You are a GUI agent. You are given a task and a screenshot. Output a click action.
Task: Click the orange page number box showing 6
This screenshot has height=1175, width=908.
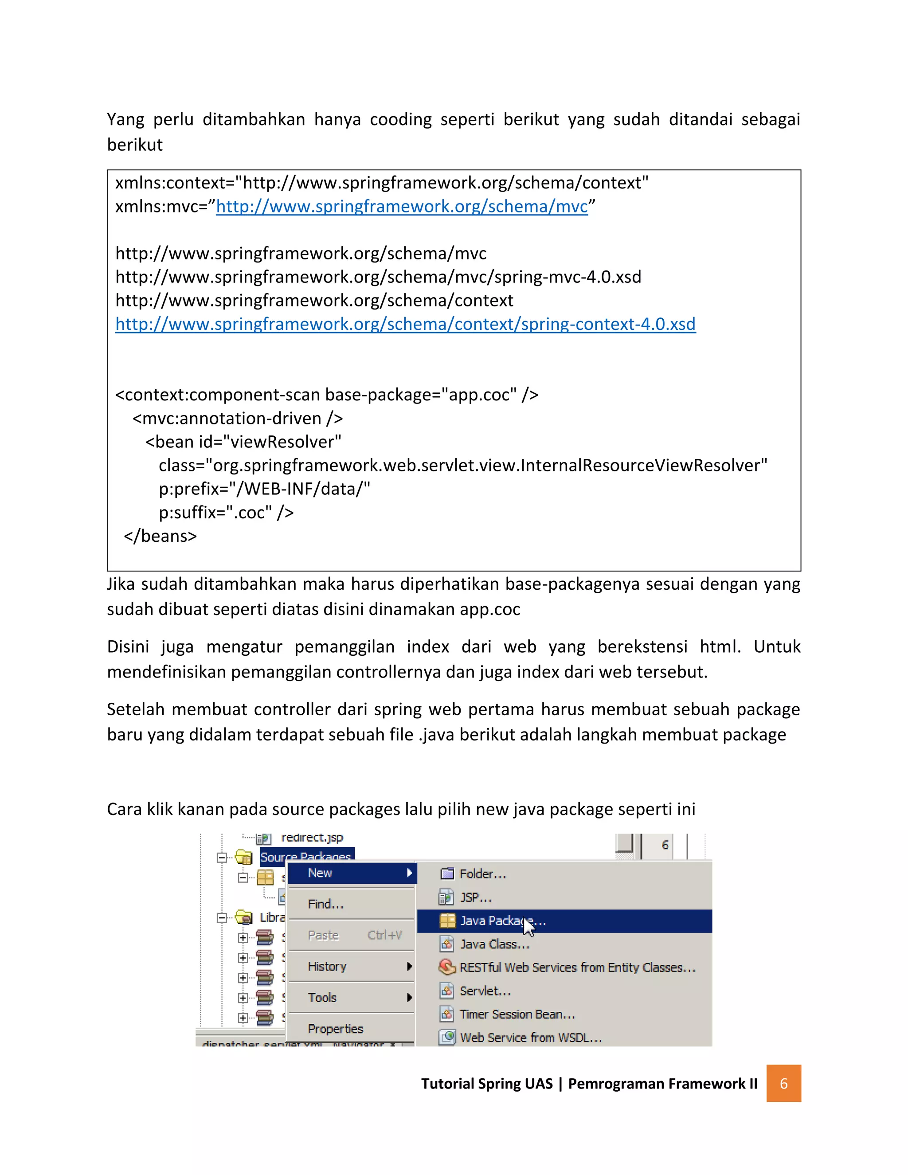[x=783, y=1083]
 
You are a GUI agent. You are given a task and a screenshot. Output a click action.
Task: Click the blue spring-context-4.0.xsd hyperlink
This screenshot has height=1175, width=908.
[x=405, y=324]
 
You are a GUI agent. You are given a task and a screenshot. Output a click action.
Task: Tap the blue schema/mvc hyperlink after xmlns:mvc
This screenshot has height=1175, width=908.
[x=401, y=207]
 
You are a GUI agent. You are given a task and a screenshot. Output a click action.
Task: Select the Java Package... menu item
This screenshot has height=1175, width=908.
[x=502, y=920]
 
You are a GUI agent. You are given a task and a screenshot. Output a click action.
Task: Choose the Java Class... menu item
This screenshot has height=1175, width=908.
[x=494, y=944]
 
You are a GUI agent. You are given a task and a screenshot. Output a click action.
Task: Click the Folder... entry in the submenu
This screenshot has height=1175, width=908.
[x=482, y=874]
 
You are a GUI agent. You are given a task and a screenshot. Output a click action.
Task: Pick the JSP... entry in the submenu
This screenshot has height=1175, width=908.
[x=475, y=897]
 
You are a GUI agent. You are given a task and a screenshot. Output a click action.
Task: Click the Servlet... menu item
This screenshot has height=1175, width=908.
[x=485, y=991]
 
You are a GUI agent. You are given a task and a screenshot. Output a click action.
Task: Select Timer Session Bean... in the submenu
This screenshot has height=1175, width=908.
[x=517, y=1014]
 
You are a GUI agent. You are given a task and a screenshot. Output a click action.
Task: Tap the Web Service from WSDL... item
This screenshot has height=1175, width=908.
[x=530, y=1037]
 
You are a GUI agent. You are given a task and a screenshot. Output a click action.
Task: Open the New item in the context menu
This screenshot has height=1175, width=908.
[x=320, y=873]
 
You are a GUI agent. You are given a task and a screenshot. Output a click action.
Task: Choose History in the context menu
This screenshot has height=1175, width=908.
[x=327, y=967]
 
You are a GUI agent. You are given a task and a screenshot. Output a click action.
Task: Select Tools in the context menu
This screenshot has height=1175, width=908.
[x=322, y=998]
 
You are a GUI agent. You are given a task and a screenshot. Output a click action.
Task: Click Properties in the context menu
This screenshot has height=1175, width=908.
[x=335, y=1029]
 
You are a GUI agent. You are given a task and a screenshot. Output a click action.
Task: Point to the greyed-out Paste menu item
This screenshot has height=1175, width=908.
[x=324, y=936]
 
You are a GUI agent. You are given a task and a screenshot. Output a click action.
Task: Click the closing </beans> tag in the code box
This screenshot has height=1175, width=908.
[x=160, y=536]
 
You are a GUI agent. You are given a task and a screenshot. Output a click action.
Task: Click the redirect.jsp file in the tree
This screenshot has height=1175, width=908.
[x=311, y=838]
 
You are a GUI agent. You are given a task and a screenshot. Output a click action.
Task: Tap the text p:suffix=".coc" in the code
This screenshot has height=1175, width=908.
[x=226, y=512]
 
